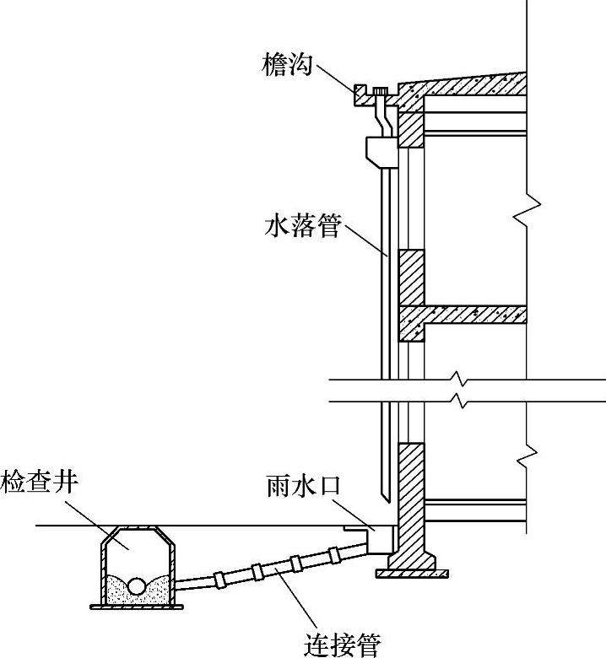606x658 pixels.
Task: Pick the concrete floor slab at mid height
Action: pyautogui.click(x=473, y=315)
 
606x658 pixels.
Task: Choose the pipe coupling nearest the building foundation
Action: pyautogui.click(x=334, y=554)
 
